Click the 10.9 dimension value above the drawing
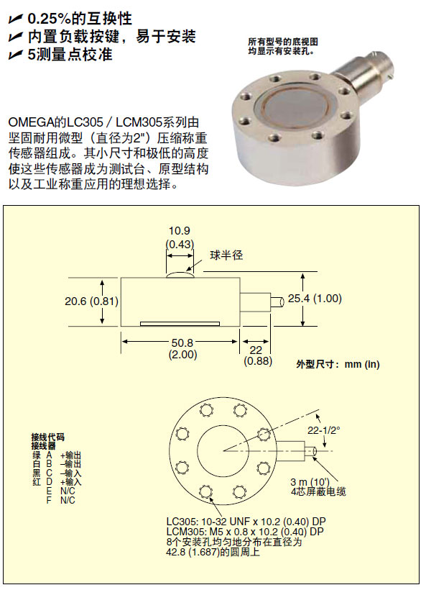(179, 231)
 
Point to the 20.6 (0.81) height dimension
(91, 301)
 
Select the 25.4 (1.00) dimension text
(315, 299)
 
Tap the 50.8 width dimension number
(182, 342)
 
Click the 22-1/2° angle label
(324, 430)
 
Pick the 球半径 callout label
(226, 255)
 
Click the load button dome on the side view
(180, 275)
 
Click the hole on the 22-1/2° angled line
(264, 434)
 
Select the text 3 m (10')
(310, 481)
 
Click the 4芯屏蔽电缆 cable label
(318, 491)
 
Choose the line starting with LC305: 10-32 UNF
(246, 522)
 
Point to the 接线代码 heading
(47, 437)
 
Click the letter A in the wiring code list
(50, 455)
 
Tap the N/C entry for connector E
(68, 491)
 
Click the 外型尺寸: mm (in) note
(338, 364)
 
